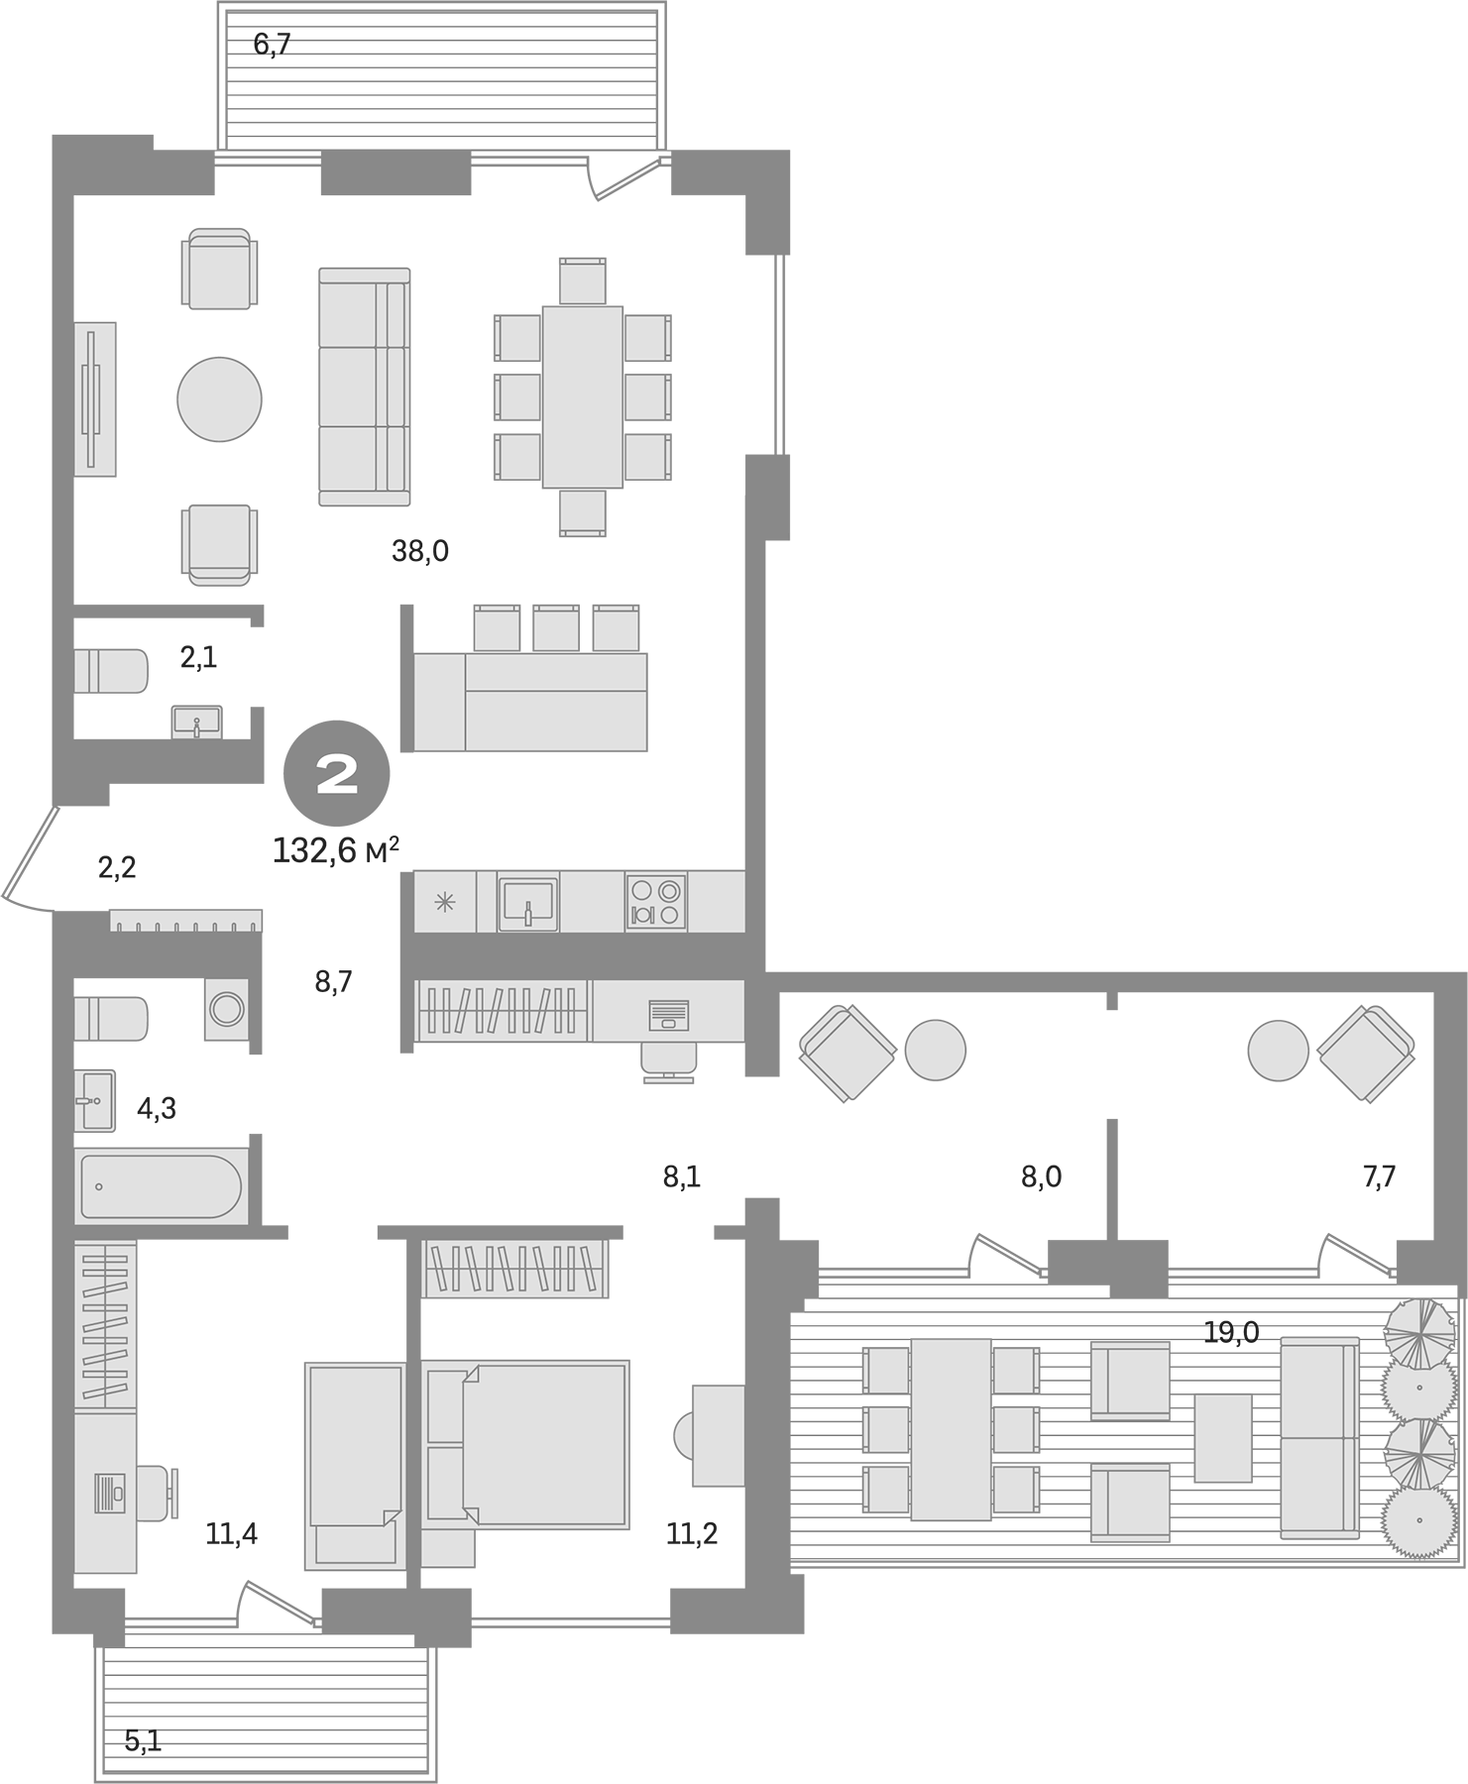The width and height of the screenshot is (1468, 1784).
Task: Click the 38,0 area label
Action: pos(420,551)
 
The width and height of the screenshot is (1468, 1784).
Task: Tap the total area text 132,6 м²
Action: pos(335,850)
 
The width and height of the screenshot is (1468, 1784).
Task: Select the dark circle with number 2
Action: pos(337,773)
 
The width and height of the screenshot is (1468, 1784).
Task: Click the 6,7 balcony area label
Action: pos(272,45)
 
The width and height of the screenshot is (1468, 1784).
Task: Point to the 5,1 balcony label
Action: pos(143,1740)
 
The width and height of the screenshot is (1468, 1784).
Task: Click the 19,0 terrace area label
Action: pos(1231,1332)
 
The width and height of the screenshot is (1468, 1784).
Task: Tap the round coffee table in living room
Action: pos(219,399)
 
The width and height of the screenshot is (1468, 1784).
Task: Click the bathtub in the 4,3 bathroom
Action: pos(161,1185)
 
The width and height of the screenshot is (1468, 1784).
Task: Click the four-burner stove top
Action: pos(655,902)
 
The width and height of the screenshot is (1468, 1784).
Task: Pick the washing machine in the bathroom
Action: pos(228,1009)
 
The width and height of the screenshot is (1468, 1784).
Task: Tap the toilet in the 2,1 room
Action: pos(111,671)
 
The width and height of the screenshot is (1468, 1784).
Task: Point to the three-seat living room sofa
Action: pos(364,387)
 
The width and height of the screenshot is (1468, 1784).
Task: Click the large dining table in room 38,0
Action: pos(582,396)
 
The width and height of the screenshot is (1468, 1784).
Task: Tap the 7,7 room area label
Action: pos(1379,1176)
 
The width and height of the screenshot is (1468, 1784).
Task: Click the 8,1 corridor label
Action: pos(682,1176)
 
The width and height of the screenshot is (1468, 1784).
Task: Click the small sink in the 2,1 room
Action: pos(196,722)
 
